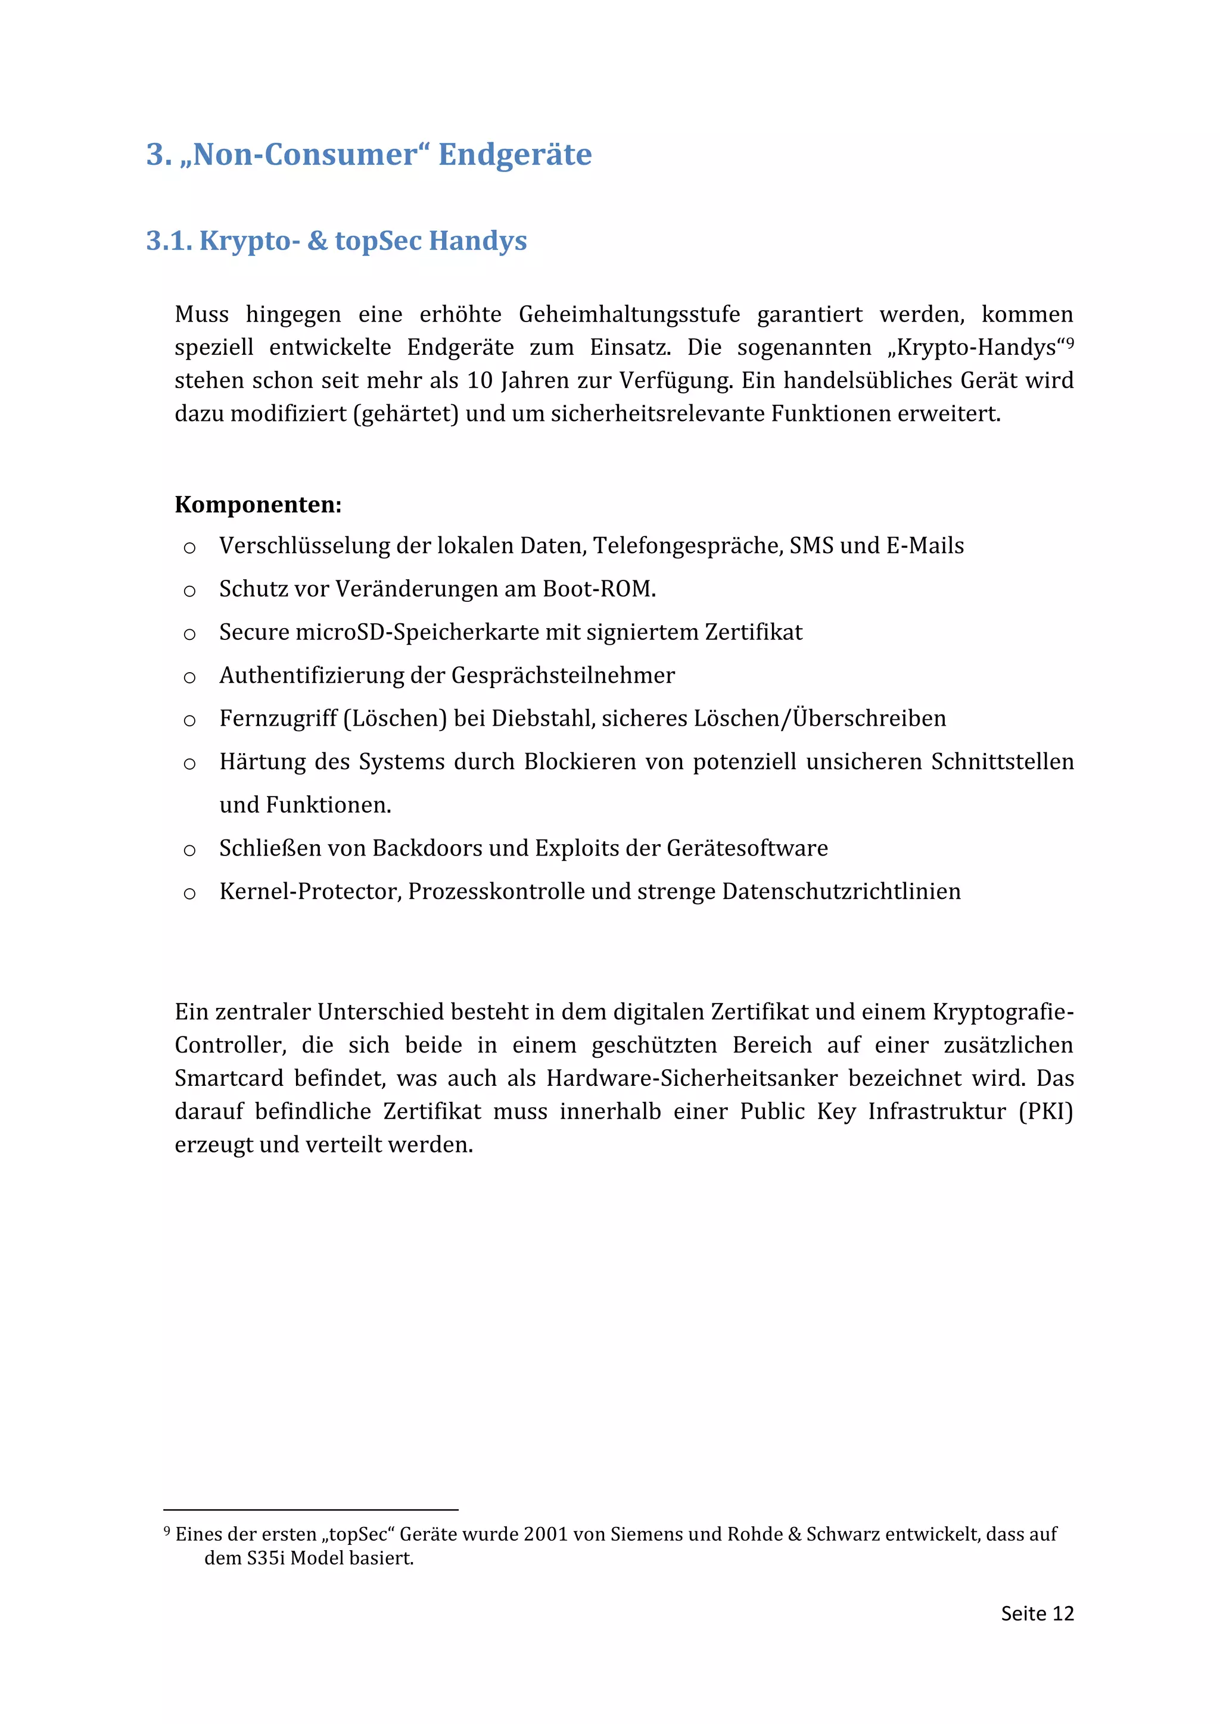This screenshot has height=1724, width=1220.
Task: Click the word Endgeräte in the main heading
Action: pos(515,155)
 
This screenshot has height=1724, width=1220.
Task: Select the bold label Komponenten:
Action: pos(258,505)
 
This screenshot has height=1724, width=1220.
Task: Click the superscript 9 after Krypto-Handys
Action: pos(1070,342)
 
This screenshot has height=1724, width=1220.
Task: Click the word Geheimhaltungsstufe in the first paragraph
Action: pos(629,314)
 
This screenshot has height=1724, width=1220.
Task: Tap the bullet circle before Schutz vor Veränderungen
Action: pos(189,592)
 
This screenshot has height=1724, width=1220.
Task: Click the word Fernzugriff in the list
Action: pos(278,719)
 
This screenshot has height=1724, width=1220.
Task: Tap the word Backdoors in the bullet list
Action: pos(427,848)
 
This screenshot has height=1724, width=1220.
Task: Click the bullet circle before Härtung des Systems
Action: pos(189,764)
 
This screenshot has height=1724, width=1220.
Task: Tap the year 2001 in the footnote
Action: pos(546,1534)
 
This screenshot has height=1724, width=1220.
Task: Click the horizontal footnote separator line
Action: pos(310,1509)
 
